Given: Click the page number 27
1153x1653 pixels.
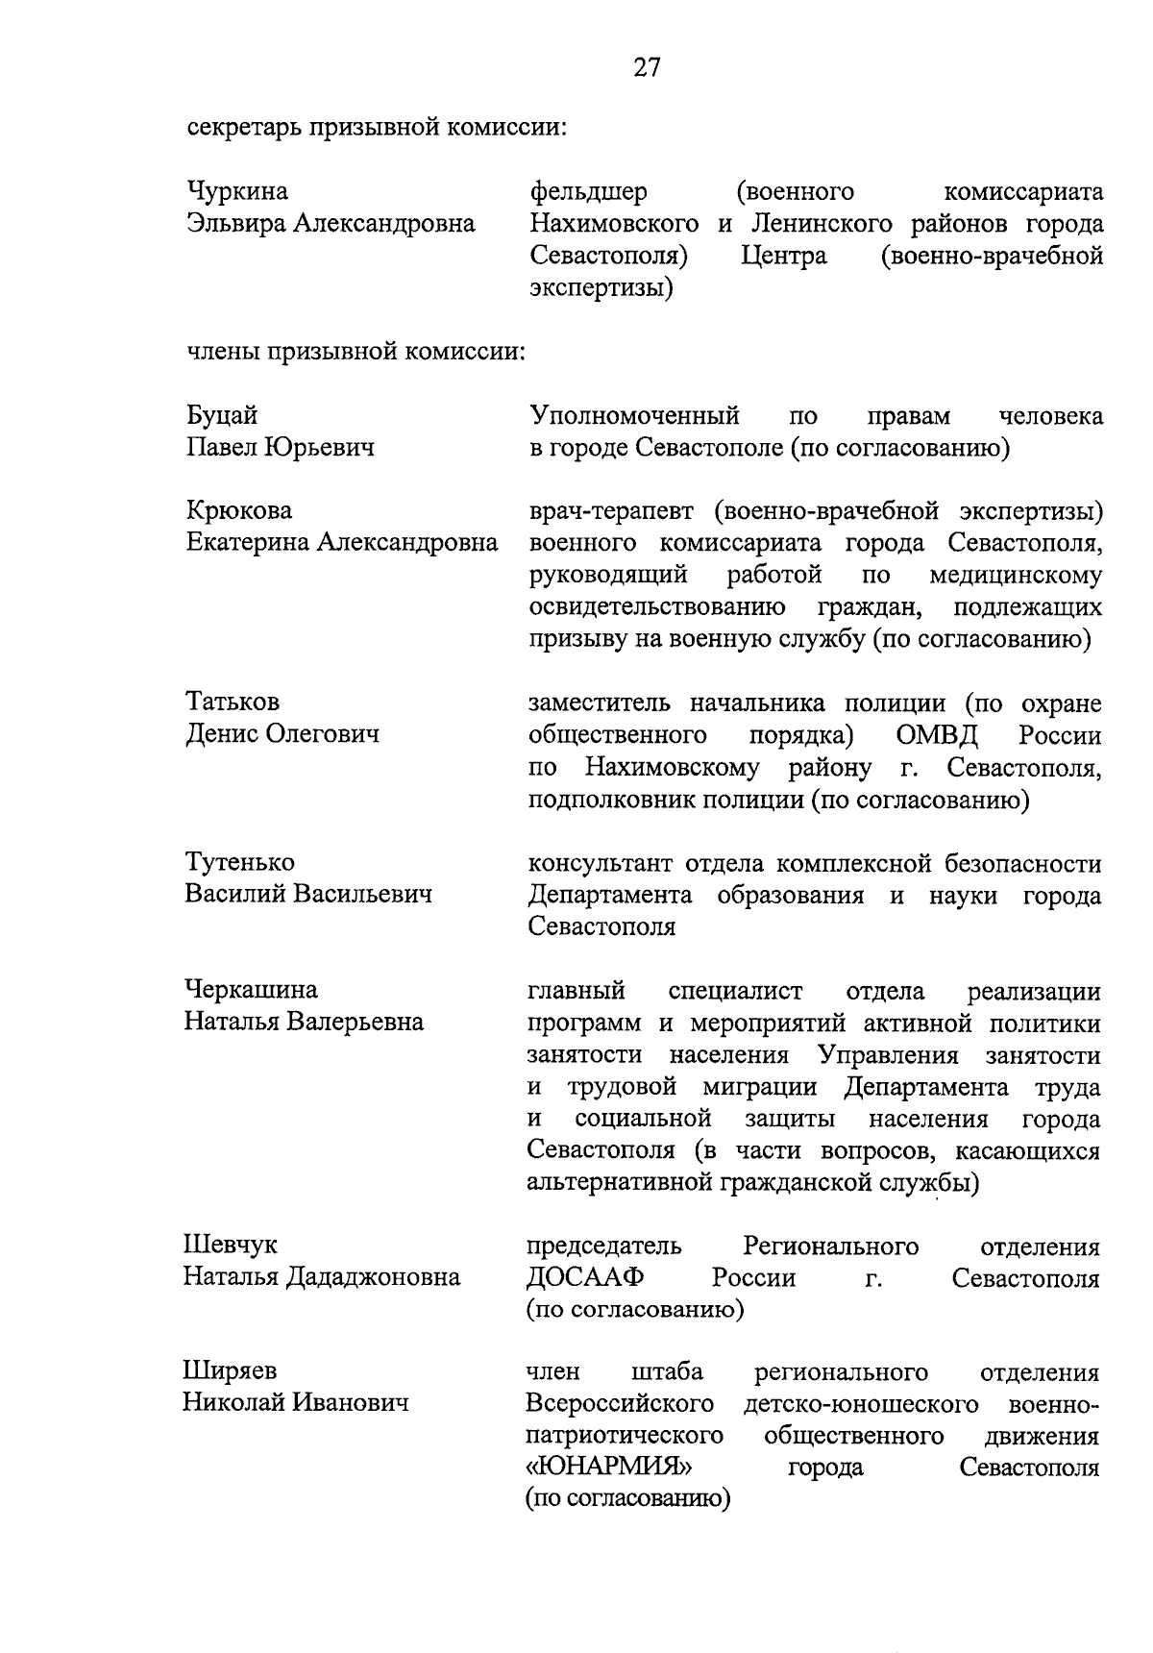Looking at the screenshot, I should click(647, 67).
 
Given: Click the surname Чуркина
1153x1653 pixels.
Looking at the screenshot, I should click(236, 192).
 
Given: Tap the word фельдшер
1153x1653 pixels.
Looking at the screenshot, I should click(588, 192).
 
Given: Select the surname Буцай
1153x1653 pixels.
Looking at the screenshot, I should click(221, 416).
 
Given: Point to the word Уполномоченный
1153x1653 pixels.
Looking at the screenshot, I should click(634, 416).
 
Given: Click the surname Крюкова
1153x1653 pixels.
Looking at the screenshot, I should click(238, 510).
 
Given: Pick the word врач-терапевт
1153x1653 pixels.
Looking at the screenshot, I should click(610, 510).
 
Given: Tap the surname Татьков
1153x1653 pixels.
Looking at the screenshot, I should click(233, 703).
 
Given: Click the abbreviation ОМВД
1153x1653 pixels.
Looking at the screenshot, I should click(937, 735).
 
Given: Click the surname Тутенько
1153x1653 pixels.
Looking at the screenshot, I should click(239, 862).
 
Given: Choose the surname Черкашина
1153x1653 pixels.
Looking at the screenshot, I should click(250, 990).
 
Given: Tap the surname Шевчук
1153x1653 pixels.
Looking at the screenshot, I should click(230, 1246).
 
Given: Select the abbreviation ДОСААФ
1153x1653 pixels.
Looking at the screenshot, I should click(583, 1278).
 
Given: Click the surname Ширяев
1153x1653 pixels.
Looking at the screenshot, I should click(230, 1371).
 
